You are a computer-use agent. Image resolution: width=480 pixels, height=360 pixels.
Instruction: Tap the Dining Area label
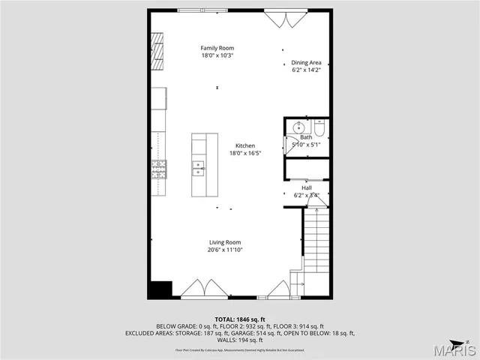tap(306, 63)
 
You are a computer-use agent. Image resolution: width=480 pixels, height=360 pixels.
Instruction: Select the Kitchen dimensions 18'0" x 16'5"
tap(245, 154)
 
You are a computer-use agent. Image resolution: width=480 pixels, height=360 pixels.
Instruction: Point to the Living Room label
tap(224, 242)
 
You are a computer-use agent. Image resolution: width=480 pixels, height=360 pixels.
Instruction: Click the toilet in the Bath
tap(318, 129)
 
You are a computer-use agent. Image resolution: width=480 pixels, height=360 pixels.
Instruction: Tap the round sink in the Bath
tap(298, 127)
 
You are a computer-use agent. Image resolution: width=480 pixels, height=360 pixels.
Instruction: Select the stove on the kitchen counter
tap(159, 169)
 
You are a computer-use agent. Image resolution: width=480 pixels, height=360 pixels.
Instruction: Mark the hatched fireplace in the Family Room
tap(157, 50)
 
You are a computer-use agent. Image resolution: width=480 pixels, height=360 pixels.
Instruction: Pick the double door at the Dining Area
tap(284, 18)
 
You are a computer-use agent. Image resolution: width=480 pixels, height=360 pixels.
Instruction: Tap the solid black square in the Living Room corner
tap(160, 289)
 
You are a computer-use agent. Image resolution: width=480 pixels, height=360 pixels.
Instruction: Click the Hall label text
tap(306, 187)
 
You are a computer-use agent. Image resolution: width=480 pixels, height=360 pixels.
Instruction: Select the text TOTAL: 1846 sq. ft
tap(239, 319)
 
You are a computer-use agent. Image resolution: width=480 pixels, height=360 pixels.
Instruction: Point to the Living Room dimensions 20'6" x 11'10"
tap(225, 250)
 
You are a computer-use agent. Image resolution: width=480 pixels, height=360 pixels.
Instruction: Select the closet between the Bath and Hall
tap(306, 169)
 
